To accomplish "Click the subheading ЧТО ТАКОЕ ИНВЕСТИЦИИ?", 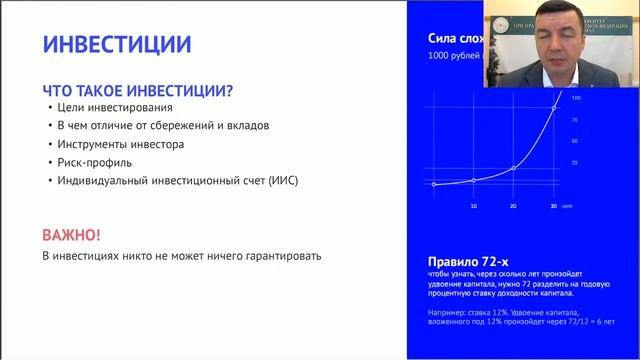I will click(x=137, y=90).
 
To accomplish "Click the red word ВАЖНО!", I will click(x=71, y=235).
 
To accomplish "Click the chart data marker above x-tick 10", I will click(x=473, y=181).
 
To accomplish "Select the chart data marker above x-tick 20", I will click(x=513, y=168).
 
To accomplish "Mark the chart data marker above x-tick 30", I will click(x=553, y=108).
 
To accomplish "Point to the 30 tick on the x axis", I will click(x=553, y=205).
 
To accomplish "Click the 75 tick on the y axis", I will click(x=575, y=119).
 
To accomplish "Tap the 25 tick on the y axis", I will click(x=575, y=161).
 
